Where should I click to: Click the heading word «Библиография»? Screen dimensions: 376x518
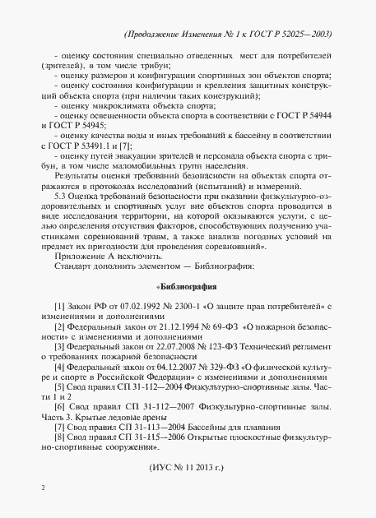point(186,287)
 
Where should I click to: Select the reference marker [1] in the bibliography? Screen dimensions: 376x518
point(58,307)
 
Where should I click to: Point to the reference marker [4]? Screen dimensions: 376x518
point(58,367)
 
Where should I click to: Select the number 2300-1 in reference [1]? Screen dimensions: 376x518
point(174,307)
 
